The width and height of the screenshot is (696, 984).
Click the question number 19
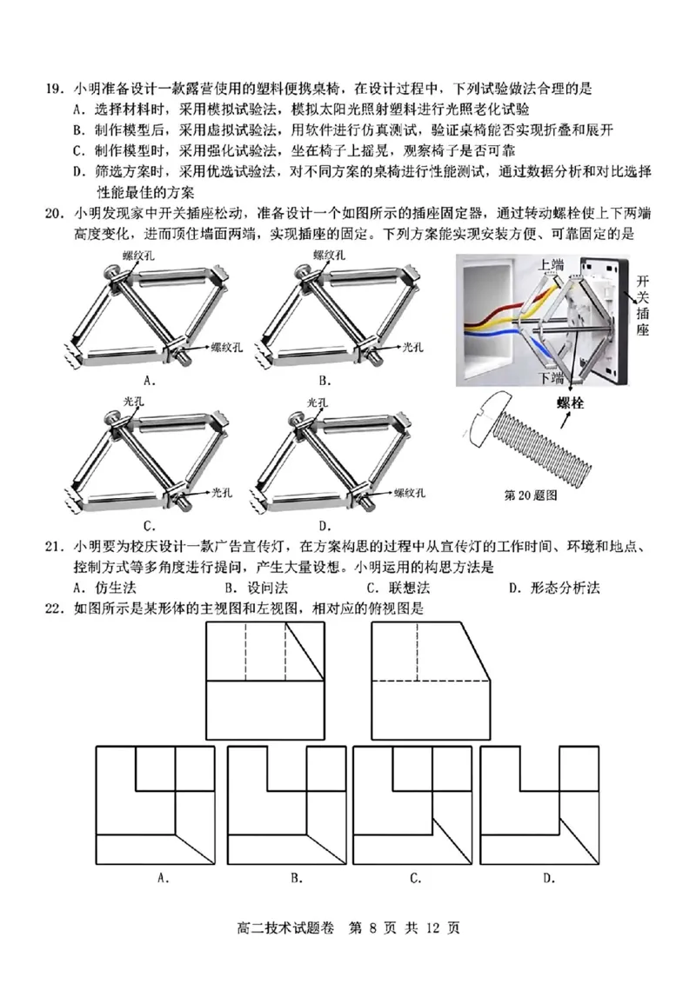(x=52, y=88)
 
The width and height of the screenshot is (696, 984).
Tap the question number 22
(x=52, y=608)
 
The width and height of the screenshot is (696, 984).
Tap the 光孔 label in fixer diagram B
(x=412, y=345)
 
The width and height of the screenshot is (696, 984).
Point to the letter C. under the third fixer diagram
(x=150, y=525)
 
